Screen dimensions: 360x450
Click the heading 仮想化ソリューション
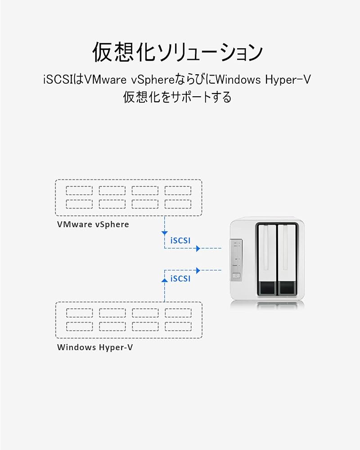click(177, 52)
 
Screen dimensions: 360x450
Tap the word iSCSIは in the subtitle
click(63, 80)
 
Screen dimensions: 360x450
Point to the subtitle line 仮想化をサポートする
click(177, 97)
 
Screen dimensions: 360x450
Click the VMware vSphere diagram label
click(93, 225)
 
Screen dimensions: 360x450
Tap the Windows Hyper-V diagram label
click(95, 347)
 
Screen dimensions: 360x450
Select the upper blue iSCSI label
click(180, 240)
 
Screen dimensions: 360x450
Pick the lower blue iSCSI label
click(180, 279)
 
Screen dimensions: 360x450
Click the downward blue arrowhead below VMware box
click(165, 233)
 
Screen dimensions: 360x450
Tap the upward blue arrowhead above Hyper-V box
click(165, 280)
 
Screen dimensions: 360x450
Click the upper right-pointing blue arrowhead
click(198, 248)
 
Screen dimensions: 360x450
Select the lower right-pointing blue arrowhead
click(198, 270)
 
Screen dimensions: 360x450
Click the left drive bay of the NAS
click(267, 260)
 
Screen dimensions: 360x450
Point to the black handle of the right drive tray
click(287, 288)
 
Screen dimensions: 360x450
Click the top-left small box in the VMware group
click(79, 190)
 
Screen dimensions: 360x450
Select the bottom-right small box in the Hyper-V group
click(178, 327)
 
